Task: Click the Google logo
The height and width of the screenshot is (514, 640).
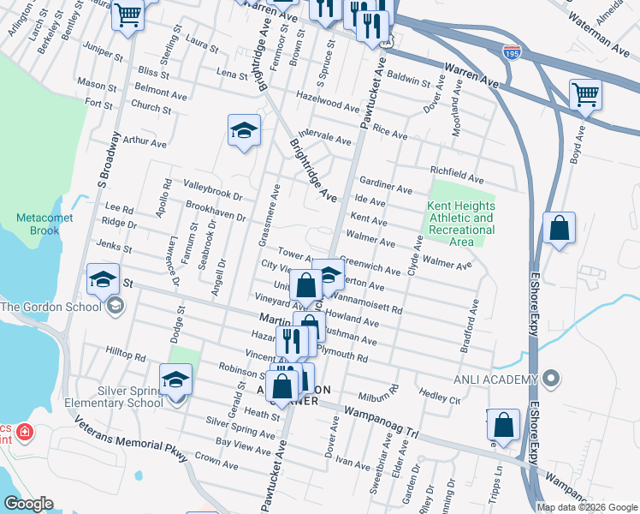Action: click(27, 504)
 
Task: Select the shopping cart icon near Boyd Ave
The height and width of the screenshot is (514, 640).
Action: click(586, 94)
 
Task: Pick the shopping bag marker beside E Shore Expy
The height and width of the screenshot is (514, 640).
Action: click(559, 228)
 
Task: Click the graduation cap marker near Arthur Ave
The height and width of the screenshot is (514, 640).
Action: click(245, 130)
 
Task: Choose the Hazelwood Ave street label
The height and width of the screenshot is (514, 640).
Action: click(327, 102)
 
